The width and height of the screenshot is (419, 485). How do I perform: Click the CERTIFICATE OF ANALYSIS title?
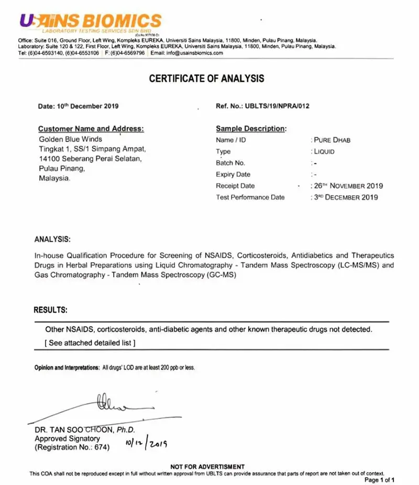207,79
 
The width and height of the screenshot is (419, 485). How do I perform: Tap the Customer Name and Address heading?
91,128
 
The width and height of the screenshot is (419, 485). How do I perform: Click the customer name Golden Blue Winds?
71,139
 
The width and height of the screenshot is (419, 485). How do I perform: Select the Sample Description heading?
251,128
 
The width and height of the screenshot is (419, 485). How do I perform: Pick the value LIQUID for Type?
324,152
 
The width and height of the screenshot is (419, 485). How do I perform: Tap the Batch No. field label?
230,163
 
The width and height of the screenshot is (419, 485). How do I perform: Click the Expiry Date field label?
233,175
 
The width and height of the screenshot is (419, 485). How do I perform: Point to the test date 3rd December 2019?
345,198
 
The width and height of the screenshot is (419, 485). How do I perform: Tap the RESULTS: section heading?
50,310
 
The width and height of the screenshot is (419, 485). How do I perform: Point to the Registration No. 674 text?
72,448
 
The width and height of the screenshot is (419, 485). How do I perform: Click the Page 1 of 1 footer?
379,480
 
